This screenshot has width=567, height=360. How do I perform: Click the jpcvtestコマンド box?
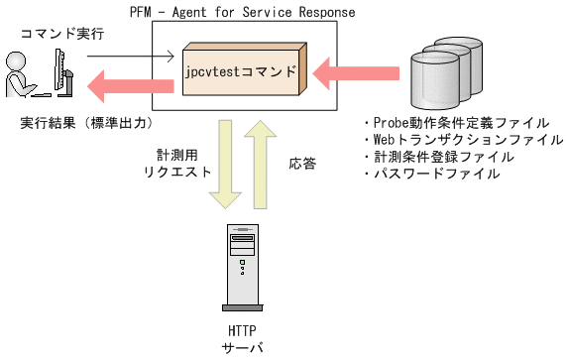pos(242,73)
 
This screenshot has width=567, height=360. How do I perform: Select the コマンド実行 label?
pos(57,33)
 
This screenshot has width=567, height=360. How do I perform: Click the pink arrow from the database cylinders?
pos(357,72)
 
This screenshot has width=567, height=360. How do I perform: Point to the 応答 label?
pos(302,162)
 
